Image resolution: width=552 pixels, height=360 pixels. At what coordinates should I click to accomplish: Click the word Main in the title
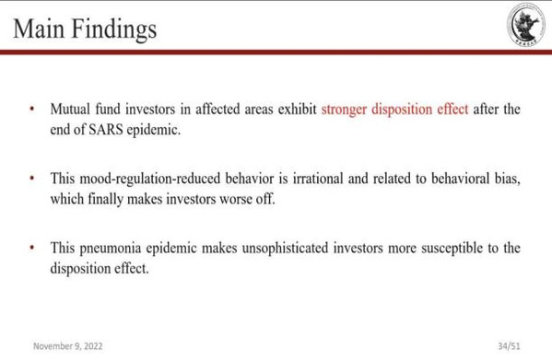(x=39, y=29)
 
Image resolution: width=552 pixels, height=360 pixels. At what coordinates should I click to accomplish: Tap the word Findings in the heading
(x=114, y=29)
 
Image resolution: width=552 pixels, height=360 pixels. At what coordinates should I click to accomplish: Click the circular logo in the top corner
(x=526, y=25)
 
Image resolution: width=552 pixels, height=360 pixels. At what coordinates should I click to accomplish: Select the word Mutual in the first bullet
(x=70, y=109)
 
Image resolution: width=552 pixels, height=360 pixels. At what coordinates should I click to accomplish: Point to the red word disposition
(x=402, y=110)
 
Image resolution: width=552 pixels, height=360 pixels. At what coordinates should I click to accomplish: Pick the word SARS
(x=105, y=130)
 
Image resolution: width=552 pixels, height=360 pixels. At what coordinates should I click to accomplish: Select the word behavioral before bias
(x=461, y=179)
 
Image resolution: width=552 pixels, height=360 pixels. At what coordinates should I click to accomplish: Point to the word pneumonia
(x=111, y=249)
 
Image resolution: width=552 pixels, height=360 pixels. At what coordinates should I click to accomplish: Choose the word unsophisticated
(x=285, y=249)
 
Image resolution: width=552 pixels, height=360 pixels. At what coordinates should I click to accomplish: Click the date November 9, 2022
(x=68, y=346)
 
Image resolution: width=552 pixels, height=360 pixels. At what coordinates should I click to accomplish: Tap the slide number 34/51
(x=509, y=346)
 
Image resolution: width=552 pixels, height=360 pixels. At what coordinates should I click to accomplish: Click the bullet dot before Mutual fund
(x=32, y=109)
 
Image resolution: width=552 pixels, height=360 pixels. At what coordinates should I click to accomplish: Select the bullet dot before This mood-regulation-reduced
(x=32, y=179)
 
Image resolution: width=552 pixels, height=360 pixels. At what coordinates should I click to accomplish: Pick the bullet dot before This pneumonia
(x=32, y=248)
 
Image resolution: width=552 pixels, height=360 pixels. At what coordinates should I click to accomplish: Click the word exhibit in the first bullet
(x=298, y=109)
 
